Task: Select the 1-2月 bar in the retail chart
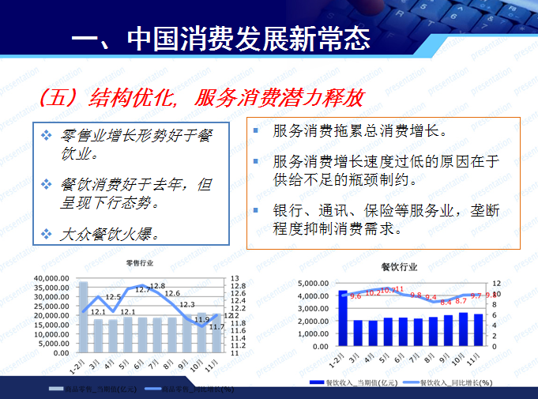pyautogui.click(x=82, y=317)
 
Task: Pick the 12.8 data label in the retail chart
pyautogui.click(x=157, y=286)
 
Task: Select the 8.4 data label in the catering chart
pyautogui.click(x=446, y=302)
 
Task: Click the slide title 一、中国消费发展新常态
pyautogui.click(x=220, y=40)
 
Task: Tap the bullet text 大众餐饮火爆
pyautogui.click(x=110, y=234)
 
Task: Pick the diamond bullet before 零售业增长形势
pyautogui.click(x=46, y=135)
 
